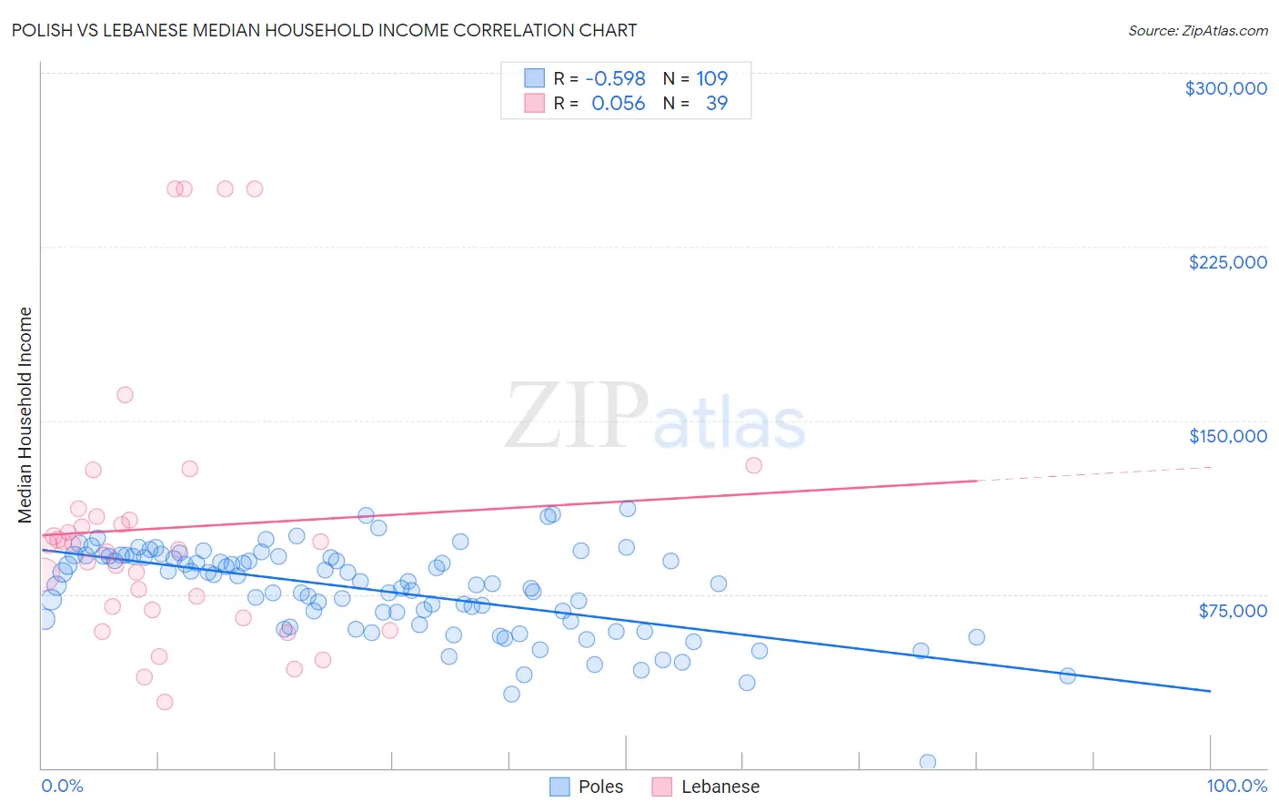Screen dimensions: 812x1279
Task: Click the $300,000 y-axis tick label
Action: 1225,88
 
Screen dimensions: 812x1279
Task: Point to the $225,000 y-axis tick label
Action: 1227,262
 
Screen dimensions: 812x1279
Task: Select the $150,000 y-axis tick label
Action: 1227,436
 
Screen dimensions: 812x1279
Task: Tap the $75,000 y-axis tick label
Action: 1232,611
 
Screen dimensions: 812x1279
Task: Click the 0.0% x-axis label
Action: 62,786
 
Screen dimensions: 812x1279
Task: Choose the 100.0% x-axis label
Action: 1236,786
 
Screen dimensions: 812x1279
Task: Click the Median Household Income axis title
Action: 25,415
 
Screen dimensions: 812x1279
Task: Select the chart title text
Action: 324,30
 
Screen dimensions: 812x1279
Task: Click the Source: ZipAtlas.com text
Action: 1197,30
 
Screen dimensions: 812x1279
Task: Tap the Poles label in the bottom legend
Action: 600,787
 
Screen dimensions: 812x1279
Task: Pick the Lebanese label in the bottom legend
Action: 720,787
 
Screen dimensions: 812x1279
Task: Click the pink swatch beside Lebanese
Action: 661,787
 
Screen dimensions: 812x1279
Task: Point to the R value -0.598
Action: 615,78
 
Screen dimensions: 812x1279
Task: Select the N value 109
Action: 711,78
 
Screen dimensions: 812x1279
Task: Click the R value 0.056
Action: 618,103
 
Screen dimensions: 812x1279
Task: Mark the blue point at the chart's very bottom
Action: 928,762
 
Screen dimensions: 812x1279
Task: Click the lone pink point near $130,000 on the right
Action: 753,465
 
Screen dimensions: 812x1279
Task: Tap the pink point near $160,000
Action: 125,395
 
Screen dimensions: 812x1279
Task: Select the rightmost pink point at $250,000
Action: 255,189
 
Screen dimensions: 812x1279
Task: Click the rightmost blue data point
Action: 1068,675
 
